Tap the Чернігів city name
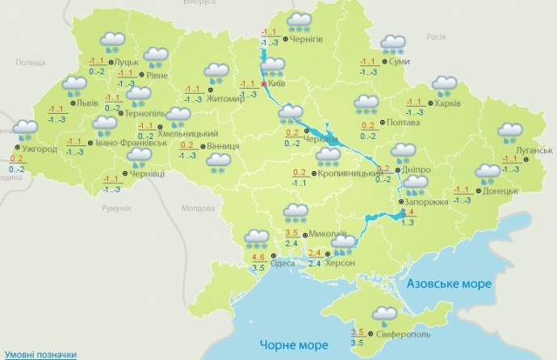click(x=308, y=39)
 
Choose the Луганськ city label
click(x=535, y=150)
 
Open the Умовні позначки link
click(x=39, y=354)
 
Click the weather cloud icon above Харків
click(x=444, y=85)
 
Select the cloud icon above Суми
click(x=393, y=44)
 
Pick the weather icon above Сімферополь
click(x=384, y=316)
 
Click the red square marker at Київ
click(x=263, y=83)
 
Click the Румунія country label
click(x=116, y=208)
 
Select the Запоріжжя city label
click(x=428, y=202)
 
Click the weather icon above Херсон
click(x=343, y=242)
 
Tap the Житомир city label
click(x=225, y=99)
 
